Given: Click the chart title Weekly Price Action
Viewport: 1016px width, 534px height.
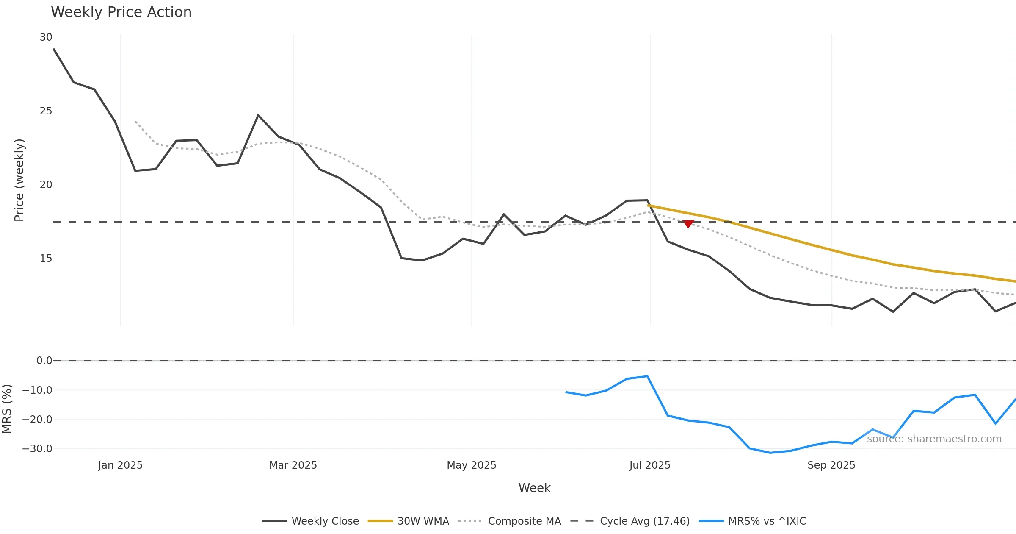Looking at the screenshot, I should coord(121,12).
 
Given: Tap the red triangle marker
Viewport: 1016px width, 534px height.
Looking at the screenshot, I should coord(688,224).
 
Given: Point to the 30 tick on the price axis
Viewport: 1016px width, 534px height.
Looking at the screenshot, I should coord(46,37).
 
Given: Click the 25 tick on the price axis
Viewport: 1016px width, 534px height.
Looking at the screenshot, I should coord(46,111).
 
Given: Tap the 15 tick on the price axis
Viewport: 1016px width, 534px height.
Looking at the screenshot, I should coord(46,259).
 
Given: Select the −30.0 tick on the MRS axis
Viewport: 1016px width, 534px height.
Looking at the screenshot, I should coord(37,449).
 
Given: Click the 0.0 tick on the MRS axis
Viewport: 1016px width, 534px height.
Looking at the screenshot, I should coord(44,361).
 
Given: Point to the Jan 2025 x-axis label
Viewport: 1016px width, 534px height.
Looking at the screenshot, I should coord(120,465).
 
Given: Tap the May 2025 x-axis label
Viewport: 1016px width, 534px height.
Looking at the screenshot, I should coord(472,465).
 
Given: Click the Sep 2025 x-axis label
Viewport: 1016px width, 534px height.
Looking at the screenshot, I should coord(831,465).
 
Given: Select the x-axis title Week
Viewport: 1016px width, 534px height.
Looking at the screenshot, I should coord(534,488).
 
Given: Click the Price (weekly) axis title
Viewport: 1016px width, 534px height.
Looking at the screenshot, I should coord(19,180).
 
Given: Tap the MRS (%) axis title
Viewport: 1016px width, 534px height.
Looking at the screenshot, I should coord(7,409).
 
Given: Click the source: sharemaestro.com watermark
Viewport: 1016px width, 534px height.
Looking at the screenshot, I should coord(934,439).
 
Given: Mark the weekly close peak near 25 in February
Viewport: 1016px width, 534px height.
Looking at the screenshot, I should coord(258,115).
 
